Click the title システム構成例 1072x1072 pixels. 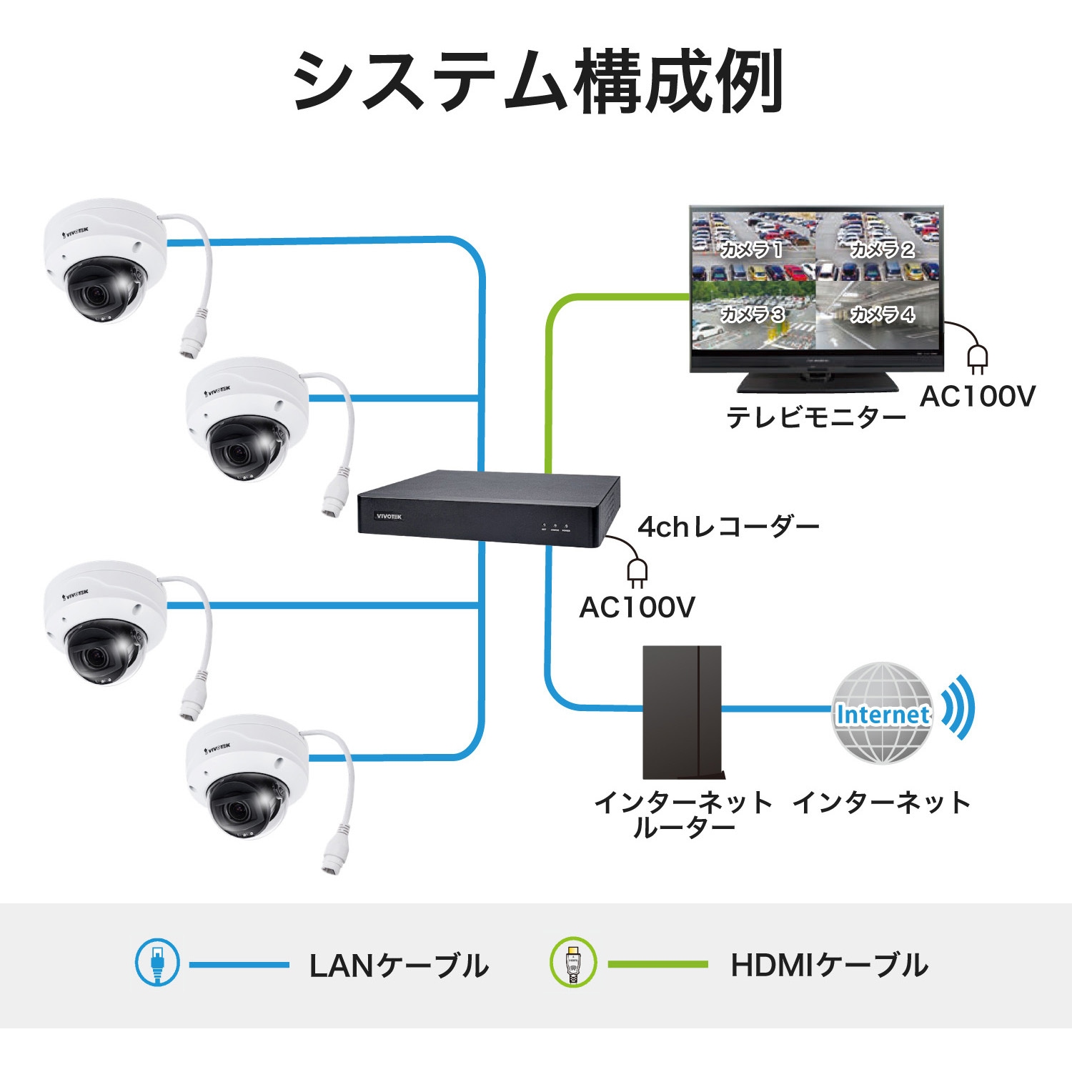(537, 82)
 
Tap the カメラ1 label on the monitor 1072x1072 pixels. (751, 249)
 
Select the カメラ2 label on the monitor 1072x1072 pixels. (882, 249)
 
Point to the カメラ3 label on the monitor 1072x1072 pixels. (752, 314)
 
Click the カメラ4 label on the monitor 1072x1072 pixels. (882, 314)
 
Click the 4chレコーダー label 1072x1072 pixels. (728, 527)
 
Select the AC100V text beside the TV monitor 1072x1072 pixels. (977, 396)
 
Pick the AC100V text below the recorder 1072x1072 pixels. (637, 607)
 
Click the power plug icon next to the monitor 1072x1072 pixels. (977, 358)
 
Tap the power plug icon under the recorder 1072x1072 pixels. (637, 572)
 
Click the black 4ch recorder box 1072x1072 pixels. (488, 509)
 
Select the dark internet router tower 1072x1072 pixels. (683, 712)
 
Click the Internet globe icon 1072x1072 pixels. (883, 713)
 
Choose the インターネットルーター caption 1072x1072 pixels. (683, 815)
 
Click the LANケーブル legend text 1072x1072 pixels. (399, 966)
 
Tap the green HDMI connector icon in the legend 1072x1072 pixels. (573, 963)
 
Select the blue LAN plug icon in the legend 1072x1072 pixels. (157, 963)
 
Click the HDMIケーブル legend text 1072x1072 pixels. (829, 966)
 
